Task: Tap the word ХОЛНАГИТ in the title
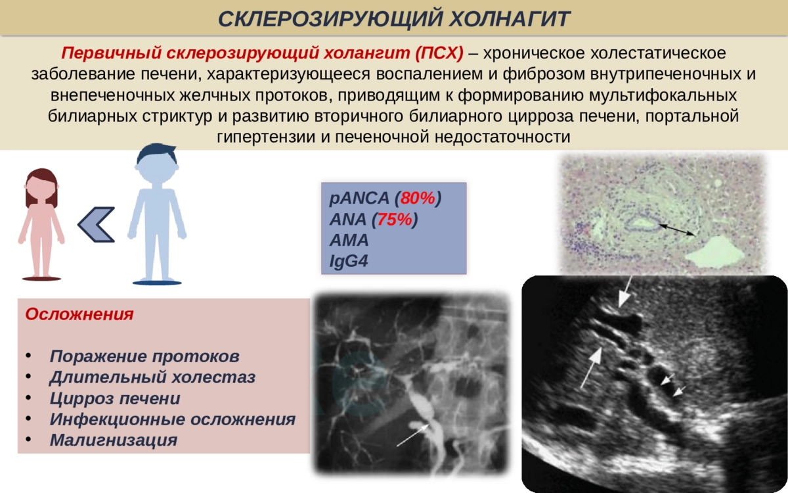click(510, 18)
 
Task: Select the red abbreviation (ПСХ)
click(439, 53)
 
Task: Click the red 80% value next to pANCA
click(418, 198)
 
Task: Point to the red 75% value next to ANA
click(395, 219)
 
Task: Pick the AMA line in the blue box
click(349, 240)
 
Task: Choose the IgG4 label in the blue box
click(349, 262)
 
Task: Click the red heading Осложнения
click(79, 314)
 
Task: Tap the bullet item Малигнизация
click(113, 440)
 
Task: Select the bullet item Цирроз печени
click(115, 398)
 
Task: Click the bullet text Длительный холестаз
click(152, 377)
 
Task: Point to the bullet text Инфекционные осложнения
click(172, 419)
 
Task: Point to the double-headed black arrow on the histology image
click(677, 229)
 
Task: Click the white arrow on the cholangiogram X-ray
click(412, 435)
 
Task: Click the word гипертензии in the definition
click(266, 137)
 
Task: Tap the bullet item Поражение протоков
click(144, 356)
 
